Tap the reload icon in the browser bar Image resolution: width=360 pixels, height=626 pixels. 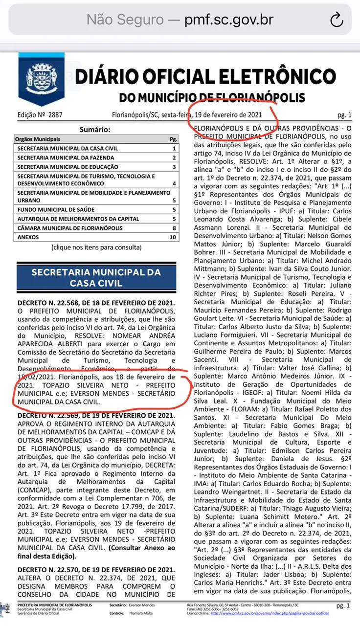pos(337,20)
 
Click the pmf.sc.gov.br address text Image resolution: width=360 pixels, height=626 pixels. pos(228,20)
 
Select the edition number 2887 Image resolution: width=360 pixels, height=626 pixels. pos(55,115)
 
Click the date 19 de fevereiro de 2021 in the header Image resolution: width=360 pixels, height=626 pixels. pos(228,115)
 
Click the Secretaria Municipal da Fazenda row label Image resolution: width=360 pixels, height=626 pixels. pos(66,158)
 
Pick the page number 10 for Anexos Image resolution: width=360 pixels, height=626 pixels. pos(172,237)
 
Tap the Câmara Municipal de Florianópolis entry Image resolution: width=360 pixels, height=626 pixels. pos(70,228)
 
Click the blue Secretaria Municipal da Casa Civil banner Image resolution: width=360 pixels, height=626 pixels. pos(96,277)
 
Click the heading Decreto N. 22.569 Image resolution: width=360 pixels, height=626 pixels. pos(96,416)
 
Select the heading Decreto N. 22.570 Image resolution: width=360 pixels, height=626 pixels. pos(96,570)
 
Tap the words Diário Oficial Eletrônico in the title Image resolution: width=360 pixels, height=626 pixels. pos(205,77)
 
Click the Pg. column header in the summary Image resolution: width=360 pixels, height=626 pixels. pos(173,139)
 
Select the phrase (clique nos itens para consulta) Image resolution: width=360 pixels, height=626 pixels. pos(96,247)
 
